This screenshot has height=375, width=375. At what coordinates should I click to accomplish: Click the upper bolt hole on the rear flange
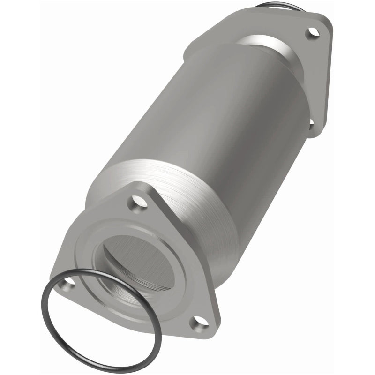tap(311, 32)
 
